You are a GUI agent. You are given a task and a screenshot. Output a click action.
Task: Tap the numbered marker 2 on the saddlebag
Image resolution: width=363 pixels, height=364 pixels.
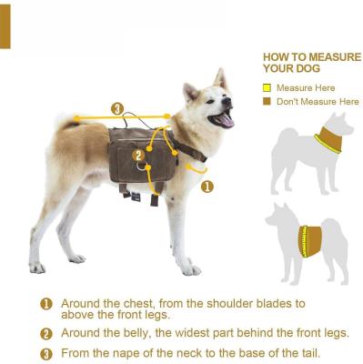pyautogui.click(x=138, y=155)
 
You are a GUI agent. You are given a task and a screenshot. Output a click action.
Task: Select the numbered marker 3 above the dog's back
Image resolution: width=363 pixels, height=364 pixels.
pyautogui.click(x=117, y=109)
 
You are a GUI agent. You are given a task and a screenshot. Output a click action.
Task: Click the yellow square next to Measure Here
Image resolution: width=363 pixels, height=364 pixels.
pyautogui.click(x=267, y=88)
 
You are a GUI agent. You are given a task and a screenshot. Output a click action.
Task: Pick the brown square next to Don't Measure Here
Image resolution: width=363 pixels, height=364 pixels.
pyautogui.click(x=267, y=101)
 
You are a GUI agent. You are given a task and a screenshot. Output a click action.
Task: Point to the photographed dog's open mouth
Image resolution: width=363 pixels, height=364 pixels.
pyautogui.click(x=223, y=119)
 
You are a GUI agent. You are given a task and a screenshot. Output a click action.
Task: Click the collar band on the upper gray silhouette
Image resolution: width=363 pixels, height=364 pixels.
pyautogui.click(x=328, y=142)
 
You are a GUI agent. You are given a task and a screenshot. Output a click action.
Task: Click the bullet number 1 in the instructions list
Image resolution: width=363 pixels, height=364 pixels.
pyautogui.click(x=45, y=304)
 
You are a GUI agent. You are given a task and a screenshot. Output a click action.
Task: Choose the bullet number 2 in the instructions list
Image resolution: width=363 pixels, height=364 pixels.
pyautogui.click(x=45, y=333)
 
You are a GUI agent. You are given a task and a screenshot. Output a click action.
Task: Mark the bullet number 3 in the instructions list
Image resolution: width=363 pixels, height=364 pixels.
pyautogui.click(x=45, y=353)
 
